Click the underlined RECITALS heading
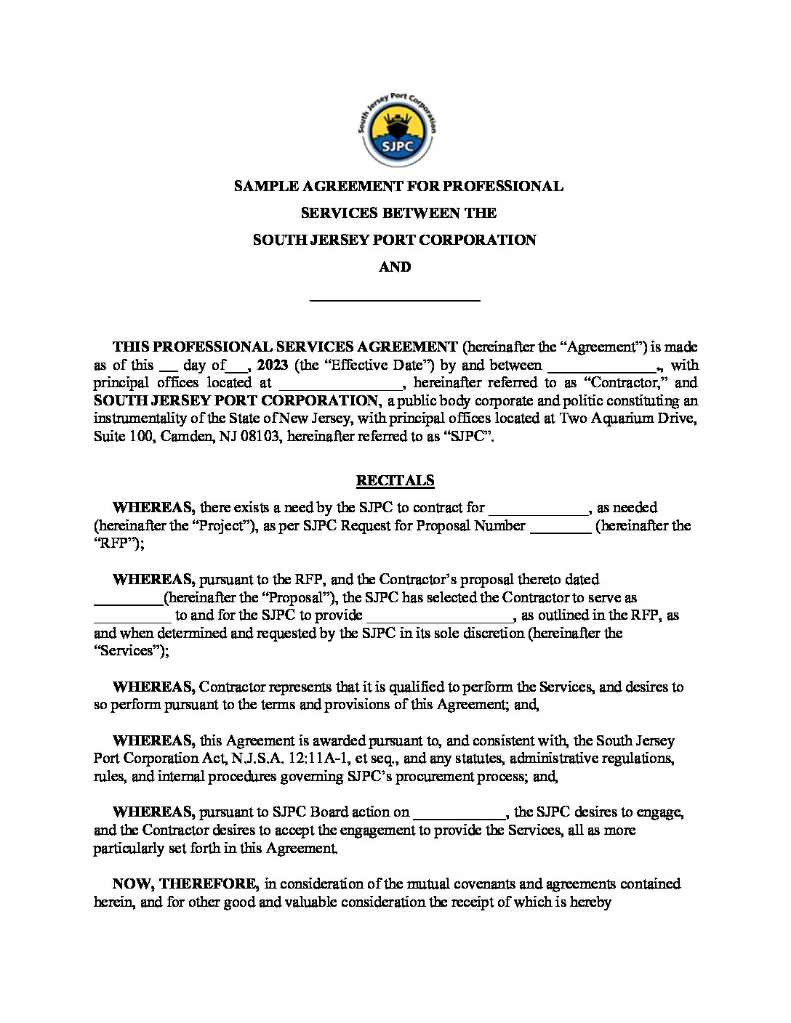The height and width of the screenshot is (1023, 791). pyautogui.click(x=395, y=480)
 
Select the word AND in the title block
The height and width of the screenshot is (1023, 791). pyautogui.click(x=395, y=267)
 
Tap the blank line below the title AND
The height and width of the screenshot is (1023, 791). pyautogui.click(x=395, y=298)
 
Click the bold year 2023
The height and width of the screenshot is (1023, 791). pyautogui.click(x=273, y=365)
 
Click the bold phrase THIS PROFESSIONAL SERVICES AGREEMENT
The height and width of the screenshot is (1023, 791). pyautogui.click(x=285, y=347)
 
